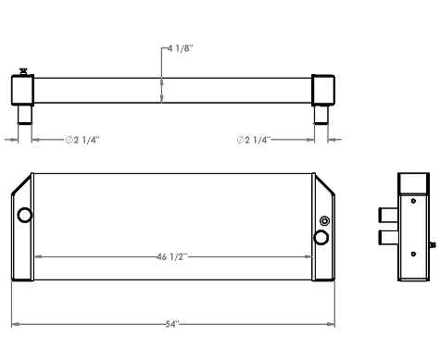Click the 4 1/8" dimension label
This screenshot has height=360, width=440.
pos(180,45)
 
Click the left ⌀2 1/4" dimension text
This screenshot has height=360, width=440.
pos(82,140)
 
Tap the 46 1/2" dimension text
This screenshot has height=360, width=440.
pos(173,258)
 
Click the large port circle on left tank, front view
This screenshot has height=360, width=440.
pos(25,216)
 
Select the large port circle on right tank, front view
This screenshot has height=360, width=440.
pos(321,239)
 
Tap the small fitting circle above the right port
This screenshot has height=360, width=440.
pos(323,221)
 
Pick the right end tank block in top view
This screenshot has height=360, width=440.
pos(323,90)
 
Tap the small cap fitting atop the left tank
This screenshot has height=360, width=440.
pos(21,70)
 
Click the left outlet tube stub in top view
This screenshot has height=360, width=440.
pos(23,115)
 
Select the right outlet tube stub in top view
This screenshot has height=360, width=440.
pos(321,115)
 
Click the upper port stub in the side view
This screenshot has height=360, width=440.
pos(389,216)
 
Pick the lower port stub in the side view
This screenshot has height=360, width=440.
pos(389,240)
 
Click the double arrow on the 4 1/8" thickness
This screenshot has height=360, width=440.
pos(163,91)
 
